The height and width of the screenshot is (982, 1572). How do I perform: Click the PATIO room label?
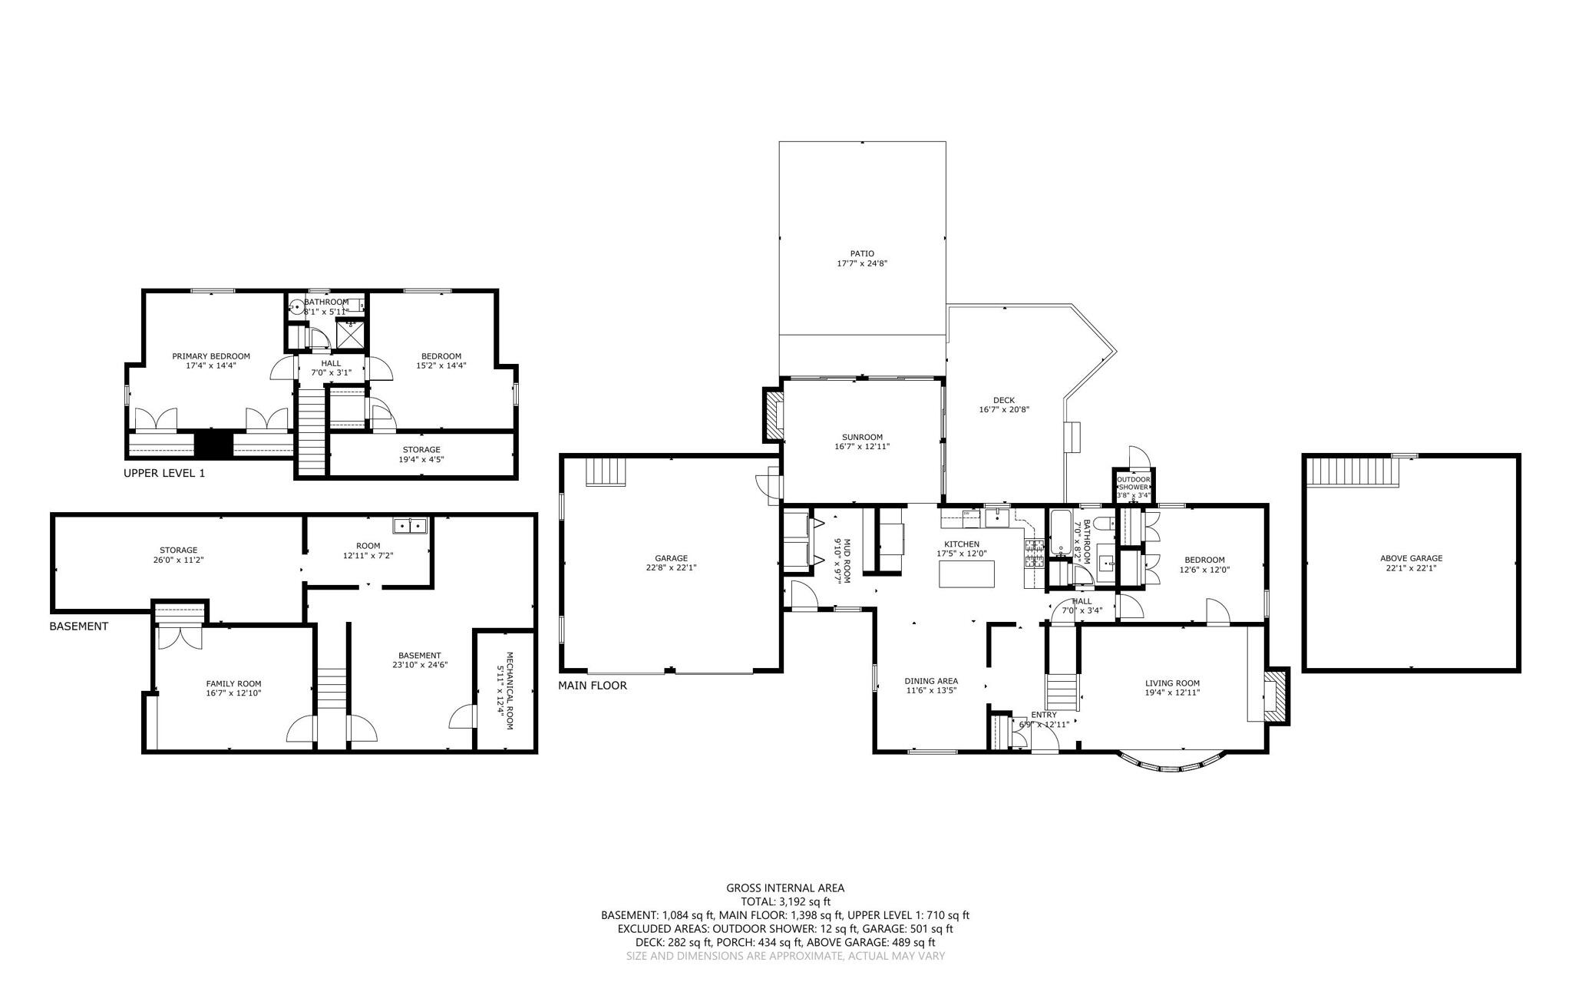click(x=861, y=253)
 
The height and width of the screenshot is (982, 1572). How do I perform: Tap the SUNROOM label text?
click(x=861, y=437)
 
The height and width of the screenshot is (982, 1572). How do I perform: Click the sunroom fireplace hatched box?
click(x=773, y=414)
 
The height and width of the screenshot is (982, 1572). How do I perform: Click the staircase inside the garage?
click(x=606, y=471)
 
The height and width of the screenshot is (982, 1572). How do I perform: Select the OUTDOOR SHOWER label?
click(x=1133, y=483)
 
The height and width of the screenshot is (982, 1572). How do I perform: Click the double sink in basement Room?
click(x=410, y=525)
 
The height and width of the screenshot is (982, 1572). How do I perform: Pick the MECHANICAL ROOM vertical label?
click(x=505, y=691)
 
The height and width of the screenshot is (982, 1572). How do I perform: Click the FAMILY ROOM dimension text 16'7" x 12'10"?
click(x=233, y=693)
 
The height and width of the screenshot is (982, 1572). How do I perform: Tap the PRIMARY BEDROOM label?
click(x=211, y=356)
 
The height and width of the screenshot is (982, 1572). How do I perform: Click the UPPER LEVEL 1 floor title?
click(x=164, y=474)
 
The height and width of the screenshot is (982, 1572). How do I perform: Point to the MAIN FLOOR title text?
click(x=592, y=686)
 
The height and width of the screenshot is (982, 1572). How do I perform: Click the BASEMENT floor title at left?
click(x=78, y=627)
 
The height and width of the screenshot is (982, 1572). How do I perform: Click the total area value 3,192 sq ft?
click(x=804, y=902)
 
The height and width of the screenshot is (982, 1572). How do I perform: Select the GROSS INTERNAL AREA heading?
click(x=784, y=888)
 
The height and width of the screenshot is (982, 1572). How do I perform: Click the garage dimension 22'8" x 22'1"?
click(x=671, y=568)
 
